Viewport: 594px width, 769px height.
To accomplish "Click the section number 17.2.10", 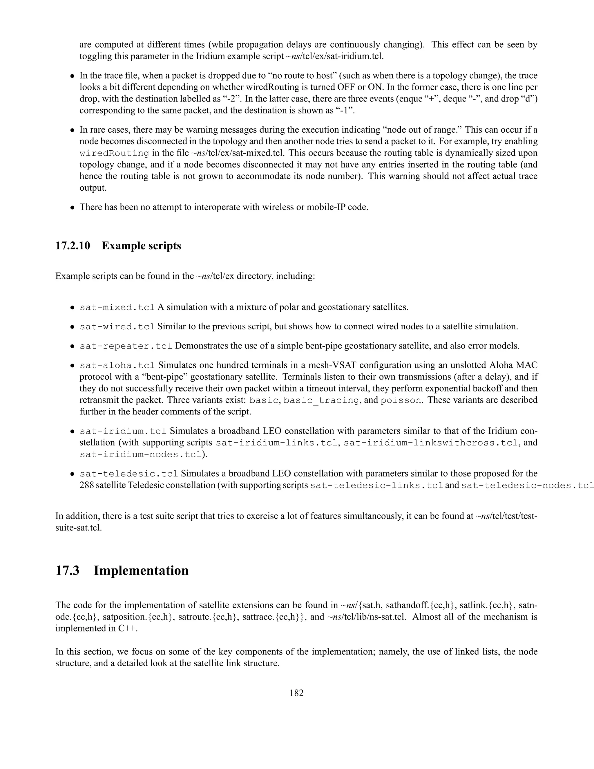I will (73, 245).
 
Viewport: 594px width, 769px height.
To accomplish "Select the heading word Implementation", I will (141, 571).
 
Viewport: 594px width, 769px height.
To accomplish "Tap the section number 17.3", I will (68, 571).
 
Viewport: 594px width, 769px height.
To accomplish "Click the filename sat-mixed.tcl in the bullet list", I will (117, 307).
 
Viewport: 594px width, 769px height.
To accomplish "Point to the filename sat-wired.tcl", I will (117, 327).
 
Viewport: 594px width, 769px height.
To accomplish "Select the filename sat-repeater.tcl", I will (126, 346).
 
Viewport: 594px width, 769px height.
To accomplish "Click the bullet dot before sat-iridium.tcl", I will (72, 432).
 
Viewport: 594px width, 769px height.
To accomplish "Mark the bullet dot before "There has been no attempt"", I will (72, 208).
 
